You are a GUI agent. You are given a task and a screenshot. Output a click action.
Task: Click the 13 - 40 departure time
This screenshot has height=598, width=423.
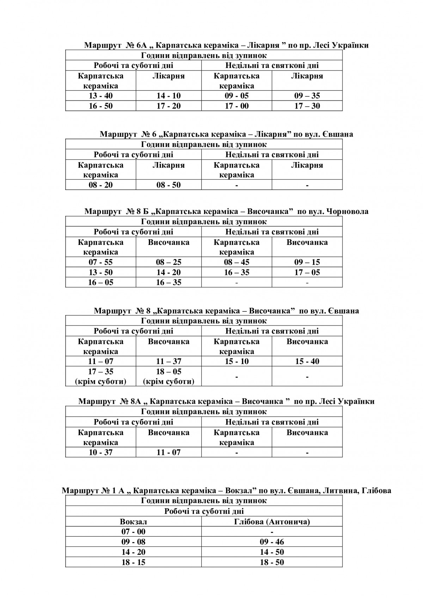(x=100, y=96)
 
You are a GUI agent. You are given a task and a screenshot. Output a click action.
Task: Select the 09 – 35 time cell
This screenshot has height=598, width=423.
(x=307, y=96)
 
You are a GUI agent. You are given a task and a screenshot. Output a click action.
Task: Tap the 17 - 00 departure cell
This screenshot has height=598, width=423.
(x=237, y=106)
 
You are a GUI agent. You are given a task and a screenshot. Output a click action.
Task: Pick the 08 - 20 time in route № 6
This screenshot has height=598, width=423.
(x=100, y=185)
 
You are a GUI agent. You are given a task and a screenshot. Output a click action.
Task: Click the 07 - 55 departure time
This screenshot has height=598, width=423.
(x=100, y=262)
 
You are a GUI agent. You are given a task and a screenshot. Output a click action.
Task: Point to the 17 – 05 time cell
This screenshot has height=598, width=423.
(x=307, y=272)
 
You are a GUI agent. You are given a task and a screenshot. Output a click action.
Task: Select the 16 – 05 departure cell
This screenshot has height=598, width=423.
(x=100, y=283)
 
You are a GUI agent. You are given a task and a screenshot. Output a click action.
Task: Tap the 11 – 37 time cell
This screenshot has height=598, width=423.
(x=168, y=362)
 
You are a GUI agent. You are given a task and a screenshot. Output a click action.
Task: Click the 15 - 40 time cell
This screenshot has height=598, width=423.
(x=307, y=362)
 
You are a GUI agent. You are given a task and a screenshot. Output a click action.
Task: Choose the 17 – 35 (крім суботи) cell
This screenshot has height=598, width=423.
(x=100, y=376)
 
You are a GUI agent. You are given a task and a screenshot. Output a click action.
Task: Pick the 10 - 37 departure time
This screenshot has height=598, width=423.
(x=100, y=452)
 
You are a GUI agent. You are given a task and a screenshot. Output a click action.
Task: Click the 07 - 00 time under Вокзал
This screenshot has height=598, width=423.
(x=133, y=532)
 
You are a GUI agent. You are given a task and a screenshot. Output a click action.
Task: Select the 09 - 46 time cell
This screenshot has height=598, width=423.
(x=272, y=542)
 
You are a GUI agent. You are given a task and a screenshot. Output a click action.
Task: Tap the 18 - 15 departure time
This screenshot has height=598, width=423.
(x=133, y=562)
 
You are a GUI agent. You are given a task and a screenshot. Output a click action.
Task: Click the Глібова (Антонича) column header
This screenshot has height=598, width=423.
(x=272, y=522)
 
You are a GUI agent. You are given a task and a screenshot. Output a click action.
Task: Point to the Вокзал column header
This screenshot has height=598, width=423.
(x=133, y=522)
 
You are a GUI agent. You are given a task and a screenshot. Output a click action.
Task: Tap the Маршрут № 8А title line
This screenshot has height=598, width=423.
(x=226, y=401)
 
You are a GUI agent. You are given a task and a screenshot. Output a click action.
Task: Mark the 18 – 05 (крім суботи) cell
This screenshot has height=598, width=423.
(x=168, y=376)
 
